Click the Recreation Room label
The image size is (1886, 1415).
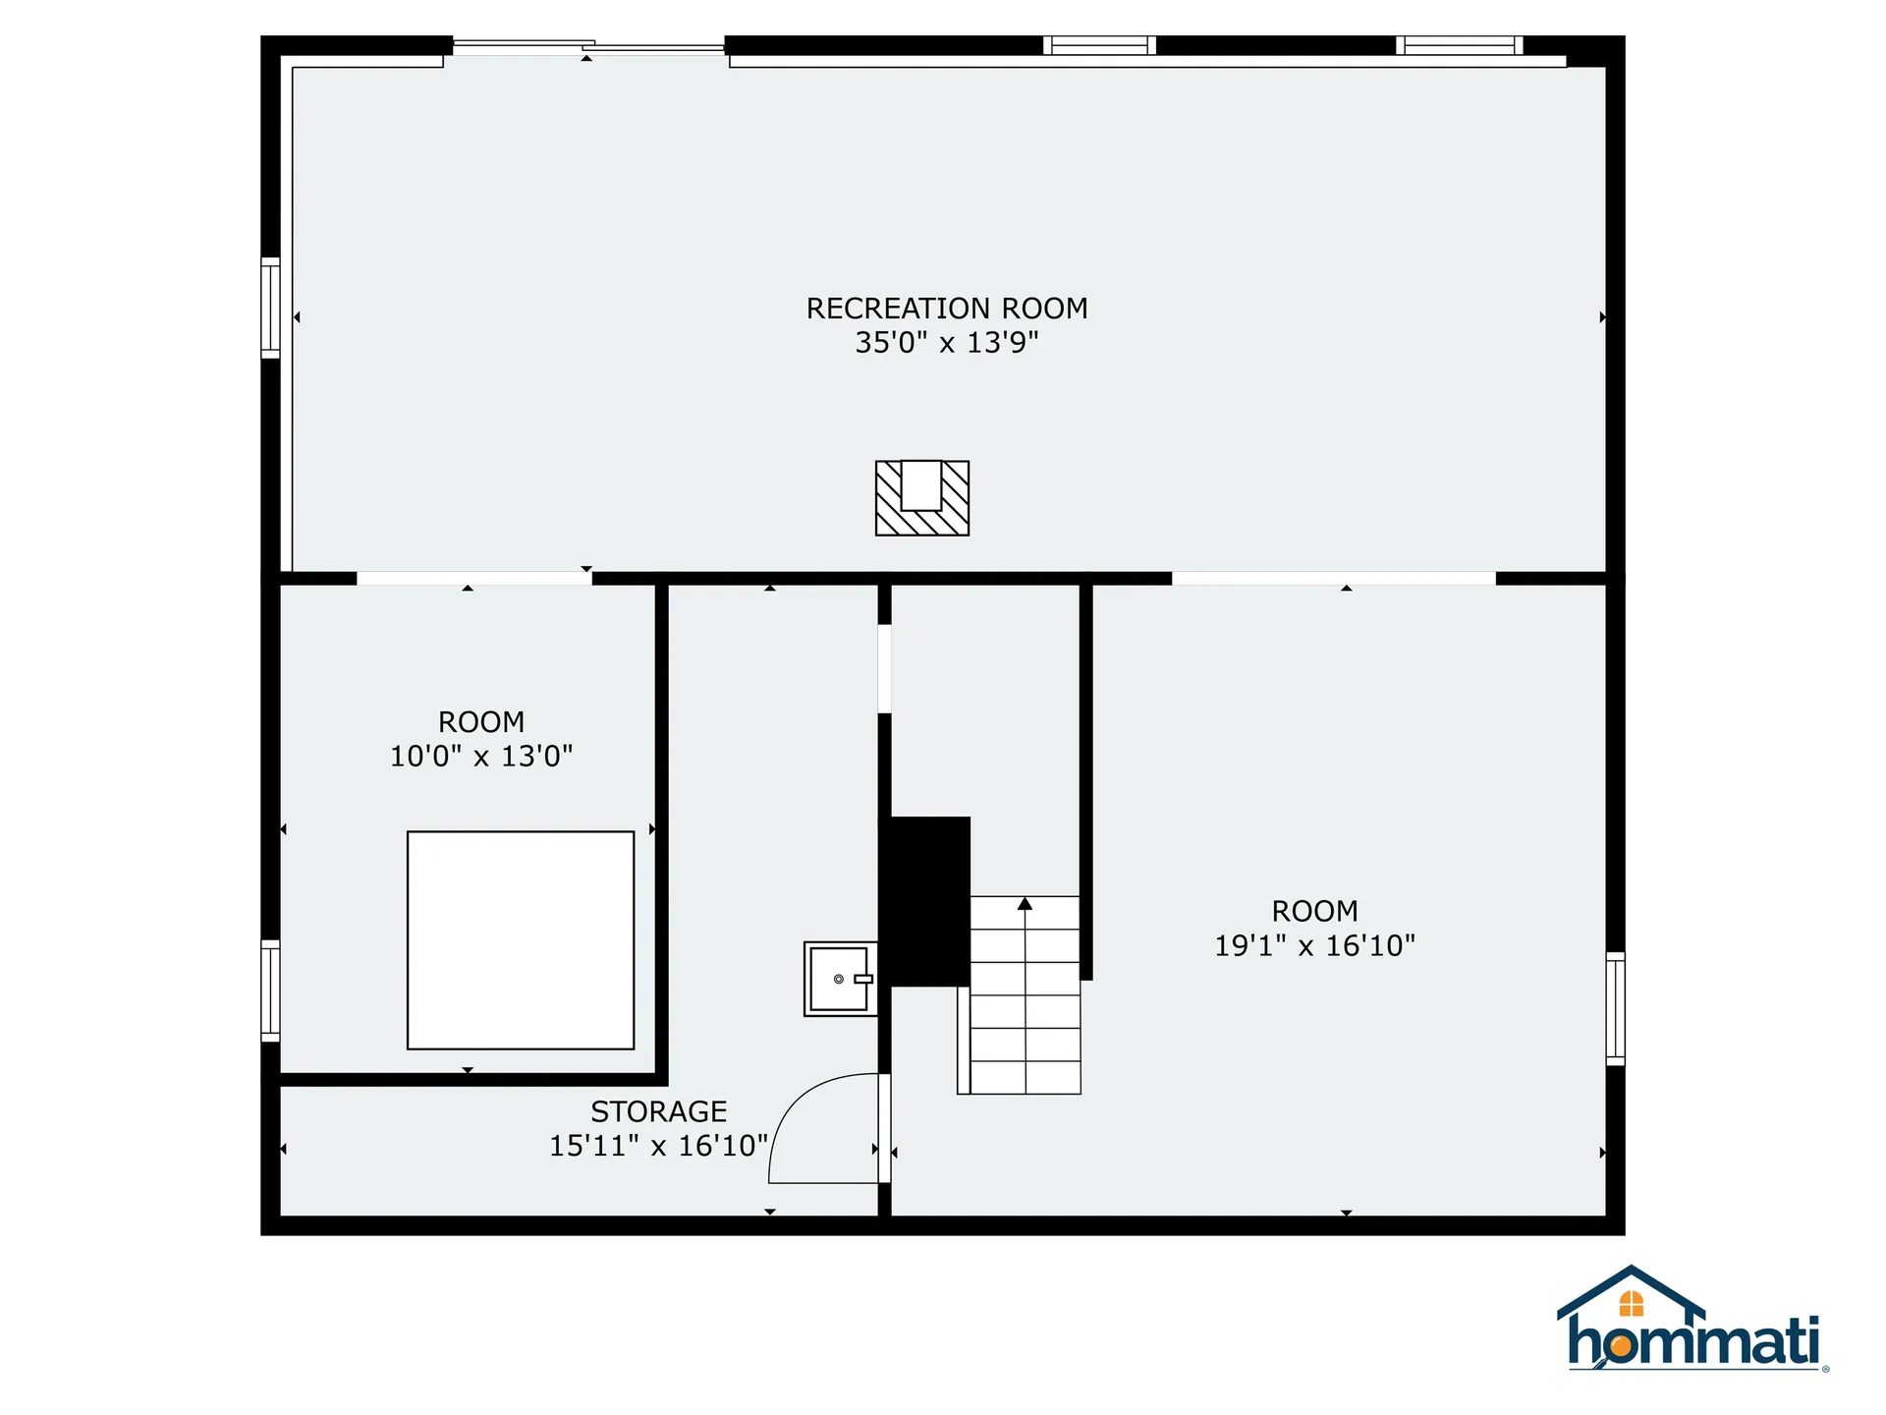click(x=946, y=309)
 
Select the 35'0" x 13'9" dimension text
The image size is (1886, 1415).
click(x=946, y=343)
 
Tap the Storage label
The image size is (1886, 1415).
click(x=658, y=1111)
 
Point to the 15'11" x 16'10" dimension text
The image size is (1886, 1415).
click(x=658, y=1146)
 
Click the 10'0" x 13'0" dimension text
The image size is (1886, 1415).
click(x=481, y=757)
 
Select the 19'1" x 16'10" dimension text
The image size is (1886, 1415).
click(x=1314, y=945)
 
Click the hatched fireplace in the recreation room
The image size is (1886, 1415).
click(x=921, y=498)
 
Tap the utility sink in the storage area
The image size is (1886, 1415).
click(x=839, y=979)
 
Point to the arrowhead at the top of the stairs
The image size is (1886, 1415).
click(x=1025, y=903)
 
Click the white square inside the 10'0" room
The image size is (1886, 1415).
click(x=521, y=940)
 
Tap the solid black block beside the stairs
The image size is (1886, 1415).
click(x=927, y=901)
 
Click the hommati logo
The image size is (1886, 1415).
click(x=1692, y=1322)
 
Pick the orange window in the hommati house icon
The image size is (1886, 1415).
click(x=1631, y=1304)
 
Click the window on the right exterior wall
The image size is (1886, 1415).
click(x=1615, y=1008)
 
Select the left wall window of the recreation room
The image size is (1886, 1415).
click(x=270, y=308)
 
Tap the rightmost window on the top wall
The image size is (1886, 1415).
click(x=1459, y=45)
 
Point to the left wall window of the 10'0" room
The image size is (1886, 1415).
click(x=270, y=990)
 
